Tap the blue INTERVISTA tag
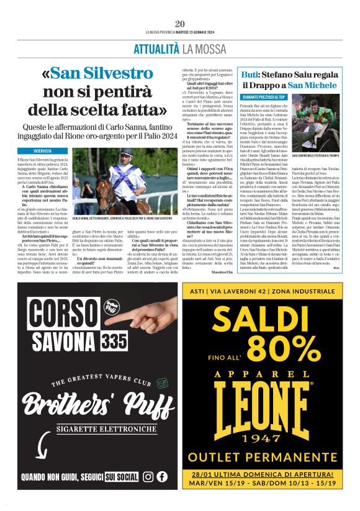coord(43,151)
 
